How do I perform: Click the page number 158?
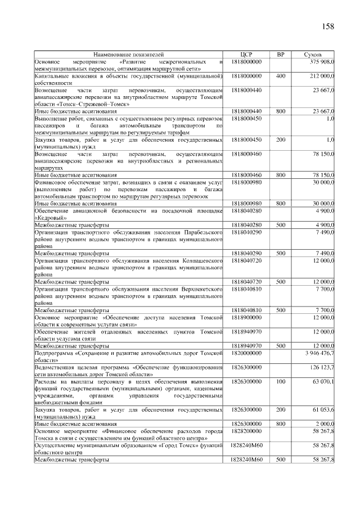(328, 26)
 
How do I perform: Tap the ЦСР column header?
(246, 55)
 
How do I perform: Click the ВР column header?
(281, 55)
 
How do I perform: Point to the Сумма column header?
(312, 55)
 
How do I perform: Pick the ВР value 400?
(281, 75)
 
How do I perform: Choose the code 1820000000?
(246, 353)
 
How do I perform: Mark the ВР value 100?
(281, 381)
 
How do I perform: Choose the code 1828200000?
(246, 431)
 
